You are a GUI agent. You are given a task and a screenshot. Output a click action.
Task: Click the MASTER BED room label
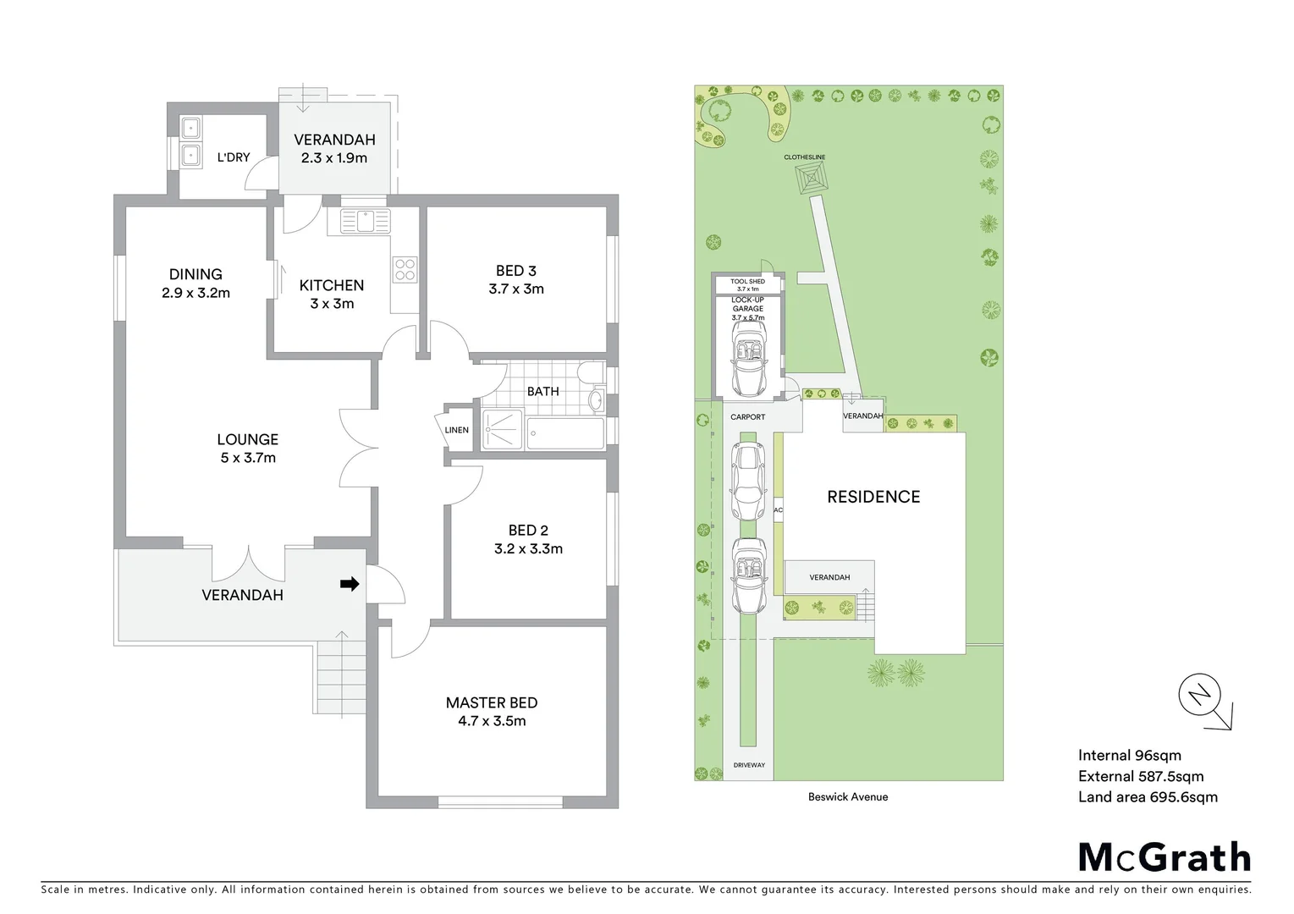491,702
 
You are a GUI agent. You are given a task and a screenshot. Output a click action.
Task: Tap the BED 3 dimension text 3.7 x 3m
515,289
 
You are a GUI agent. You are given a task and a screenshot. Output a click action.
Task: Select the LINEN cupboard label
456,430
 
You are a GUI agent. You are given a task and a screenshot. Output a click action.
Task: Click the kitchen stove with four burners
405,269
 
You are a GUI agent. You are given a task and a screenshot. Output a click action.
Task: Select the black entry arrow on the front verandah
349,584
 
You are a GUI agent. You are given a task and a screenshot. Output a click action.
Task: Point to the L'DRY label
234,157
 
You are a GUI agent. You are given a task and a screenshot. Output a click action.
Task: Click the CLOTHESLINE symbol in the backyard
810,179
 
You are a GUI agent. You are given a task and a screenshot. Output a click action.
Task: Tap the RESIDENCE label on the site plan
873,497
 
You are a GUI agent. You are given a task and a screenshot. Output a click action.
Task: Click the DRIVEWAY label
748,765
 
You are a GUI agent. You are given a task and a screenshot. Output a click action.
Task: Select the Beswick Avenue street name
847,796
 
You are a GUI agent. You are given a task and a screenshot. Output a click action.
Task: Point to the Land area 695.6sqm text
1147,796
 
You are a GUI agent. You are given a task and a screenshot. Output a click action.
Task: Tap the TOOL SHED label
747,282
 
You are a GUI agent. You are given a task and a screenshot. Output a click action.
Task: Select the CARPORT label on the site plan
747,417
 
